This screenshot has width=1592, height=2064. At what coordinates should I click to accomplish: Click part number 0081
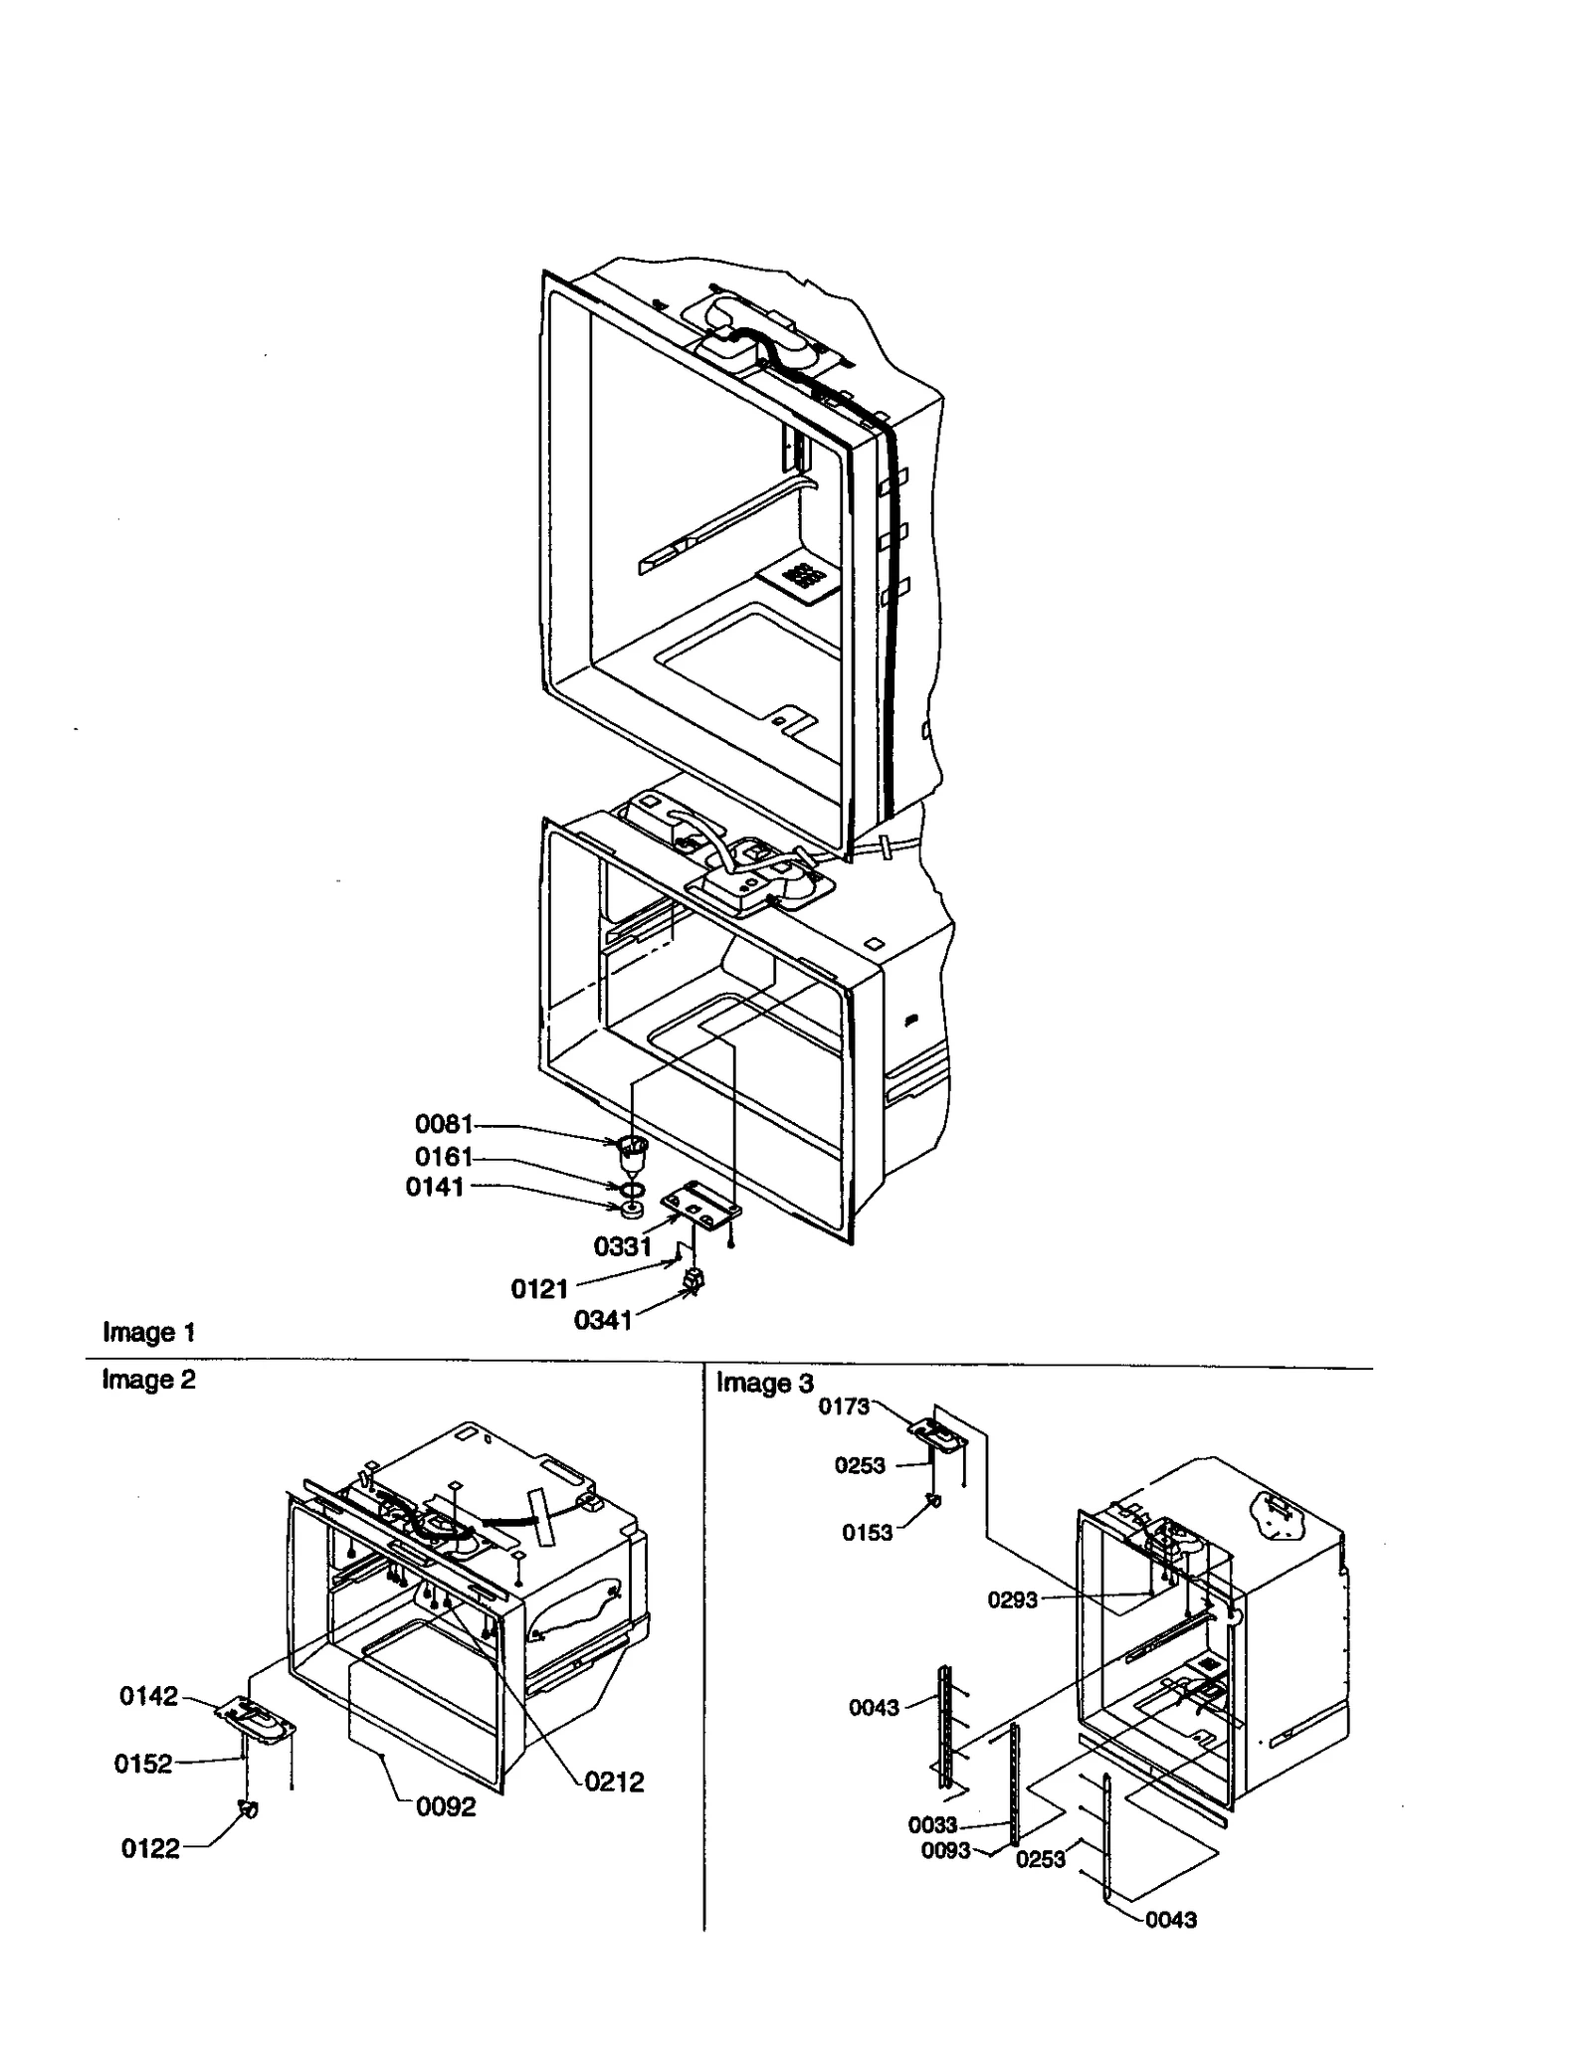click(443, 1124)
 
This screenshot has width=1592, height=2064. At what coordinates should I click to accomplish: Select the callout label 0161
click(443, 1157)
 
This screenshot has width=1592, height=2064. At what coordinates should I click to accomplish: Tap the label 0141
click(435, 1187)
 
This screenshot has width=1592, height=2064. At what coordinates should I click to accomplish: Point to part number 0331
click(622, 1246)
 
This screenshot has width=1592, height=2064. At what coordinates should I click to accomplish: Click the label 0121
click(539, 1289)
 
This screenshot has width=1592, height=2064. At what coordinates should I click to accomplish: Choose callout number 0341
click(603, 1320)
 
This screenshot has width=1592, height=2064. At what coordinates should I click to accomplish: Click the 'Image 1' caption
click(149, 1332)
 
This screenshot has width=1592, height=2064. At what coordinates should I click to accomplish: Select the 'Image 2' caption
click(149, 1380)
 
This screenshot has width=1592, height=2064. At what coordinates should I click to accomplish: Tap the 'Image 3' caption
click(764, 1383)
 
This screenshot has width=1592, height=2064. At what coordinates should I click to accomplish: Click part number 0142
click(149, 1696)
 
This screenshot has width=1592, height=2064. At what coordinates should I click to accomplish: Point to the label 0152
click(143, 1764)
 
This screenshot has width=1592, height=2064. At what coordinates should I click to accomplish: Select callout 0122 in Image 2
click(150, 1848)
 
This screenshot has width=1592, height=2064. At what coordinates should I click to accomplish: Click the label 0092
click(446, 1807)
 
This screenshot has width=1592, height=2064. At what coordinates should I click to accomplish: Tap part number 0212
click(614, 1782)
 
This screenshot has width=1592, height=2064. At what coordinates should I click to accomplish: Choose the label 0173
click(844, 1406)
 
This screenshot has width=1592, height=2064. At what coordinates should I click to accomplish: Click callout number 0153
click(868, 1533)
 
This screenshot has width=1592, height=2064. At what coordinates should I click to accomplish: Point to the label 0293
click(1012, 1599)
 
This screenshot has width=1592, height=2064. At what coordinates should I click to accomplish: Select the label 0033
click(932, 1824)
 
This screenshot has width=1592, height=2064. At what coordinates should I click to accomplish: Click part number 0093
click(945, 1850)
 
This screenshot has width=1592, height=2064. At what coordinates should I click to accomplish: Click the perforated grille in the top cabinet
click(803, 577)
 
